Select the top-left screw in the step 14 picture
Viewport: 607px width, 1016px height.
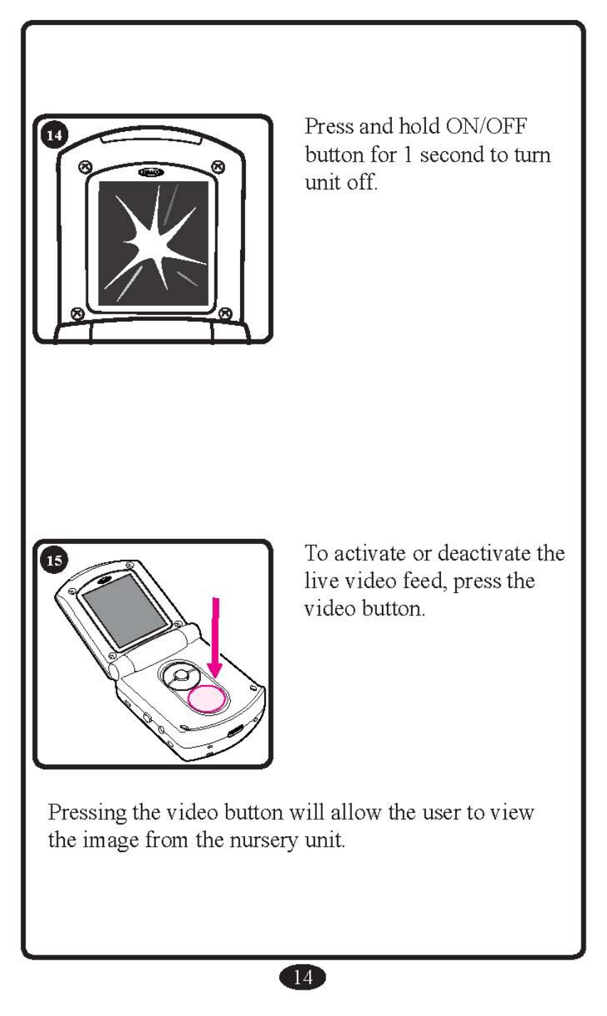pos(85,166)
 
